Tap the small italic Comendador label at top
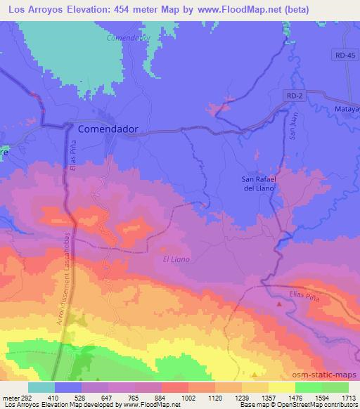click(128, 38)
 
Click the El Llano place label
click(176, 259)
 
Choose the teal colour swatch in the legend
click(41, 387)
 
